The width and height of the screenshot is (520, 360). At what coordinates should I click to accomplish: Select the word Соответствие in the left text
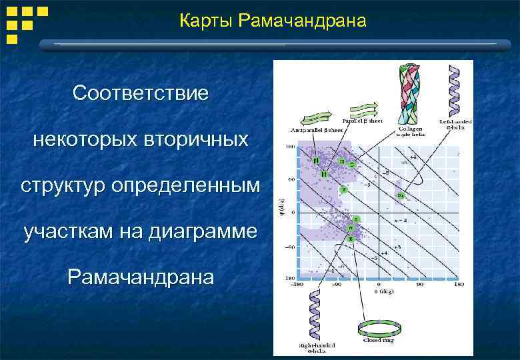141,93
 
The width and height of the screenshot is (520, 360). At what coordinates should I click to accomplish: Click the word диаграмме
211,233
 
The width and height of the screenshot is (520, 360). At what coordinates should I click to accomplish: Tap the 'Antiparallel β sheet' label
315,130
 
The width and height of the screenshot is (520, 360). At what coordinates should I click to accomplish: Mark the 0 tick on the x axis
379,285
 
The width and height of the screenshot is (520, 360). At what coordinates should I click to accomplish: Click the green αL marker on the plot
401,195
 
